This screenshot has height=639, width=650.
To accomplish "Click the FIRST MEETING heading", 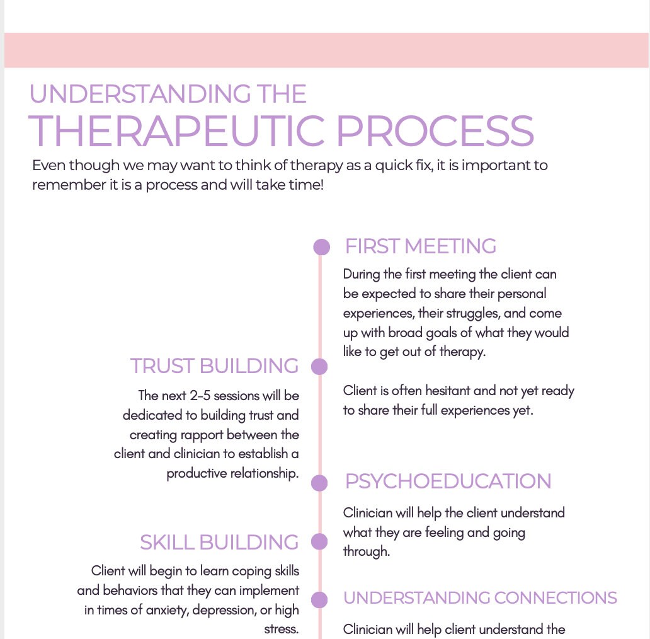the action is coord(420,246).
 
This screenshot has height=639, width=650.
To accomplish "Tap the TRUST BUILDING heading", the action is coord(214,366).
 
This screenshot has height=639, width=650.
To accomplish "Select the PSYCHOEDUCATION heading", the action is coord(448,481).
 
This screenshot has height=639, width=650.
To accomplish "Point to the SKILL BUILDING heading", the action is coord(219,542).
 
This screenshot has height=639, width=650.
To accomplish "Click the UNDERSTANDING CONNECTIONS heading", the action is coord(480,597).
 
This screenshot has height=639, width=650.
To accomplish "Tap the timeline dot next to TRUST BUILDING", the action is coord(319,366).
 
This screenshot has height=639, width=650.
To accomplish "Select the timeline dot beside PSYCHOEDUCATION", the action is coord(319,483).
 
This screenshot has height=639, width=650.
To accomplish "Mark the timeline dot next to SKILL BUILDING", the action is coord(319,541).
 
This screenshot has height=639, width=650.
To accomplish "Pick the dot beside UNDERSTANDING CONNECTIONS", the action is coord(319,599).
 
